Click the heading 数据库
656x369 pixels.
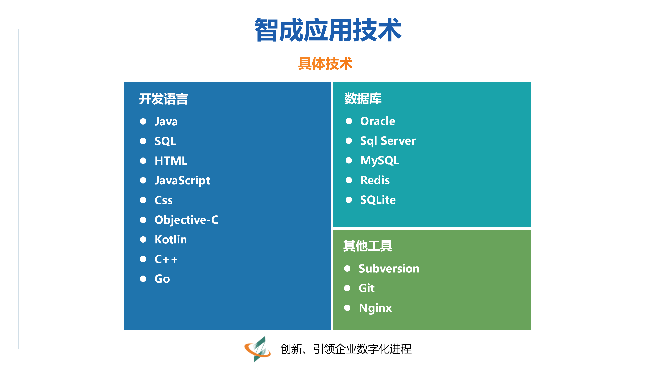click(x=363, y=99)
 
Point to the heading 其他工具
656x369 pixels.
click(x=368, y=246)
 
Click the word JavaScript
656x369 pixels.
click(x=182, y=181)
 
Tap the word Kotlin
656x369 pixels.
click(x=171, y=239)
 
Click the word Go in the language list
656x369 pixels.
click(x=162, y=279)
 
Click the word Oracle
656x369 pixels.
click(x=378, y=121)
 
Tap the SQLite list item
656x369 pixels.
click(x=378, y=200)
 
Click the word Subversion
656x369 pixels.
click(x=389, y=269)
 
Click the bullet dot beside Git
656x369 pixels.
click(x=347, y=288)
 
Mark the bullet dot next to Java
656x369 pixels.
click(x=143, y=121)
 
